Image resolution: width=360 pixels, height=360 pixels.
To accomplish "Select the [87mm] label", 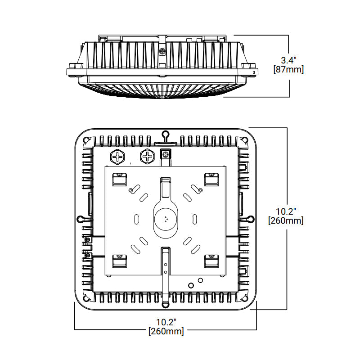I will pos(288,70).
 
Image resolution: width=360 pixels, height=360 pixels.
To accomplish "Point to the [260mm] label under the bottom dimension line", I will pos(166,332).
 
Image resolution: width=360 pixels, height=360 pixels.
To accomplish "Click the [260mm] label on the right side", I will pos(285,221).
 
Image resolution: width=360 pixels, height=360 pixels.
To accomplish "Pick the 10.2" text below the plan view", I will pos(166,322).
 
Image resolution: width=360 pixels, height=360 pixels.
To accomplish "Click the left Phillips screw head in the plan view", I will pos(117,157).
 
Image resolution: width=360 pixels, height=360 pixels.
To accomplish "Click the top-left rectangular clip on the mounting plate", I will pos(119,179).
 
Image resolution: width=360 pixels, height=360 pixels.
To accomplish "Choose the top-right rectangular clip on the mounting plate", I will pos(212,179).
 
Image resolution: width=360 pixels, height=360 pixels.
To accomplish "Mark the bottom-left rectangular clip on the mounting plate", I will pos(119,261).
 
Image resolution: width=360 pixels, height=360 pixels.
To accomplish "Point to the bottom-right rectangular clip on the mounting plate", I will pos(212,261).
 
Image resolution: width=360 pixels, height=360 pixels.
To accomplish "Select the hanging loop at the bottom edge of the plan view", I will pos(166,304).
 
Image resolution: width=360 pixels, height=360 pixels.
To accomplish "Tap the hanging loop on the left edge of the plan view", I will pos(81,219).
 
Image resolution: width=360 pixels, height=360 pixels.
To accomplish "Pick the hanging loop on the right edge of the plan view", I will pos(250,219).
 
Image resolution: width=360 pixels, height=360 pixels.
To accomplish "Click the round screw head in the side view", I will pos(162,51).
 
